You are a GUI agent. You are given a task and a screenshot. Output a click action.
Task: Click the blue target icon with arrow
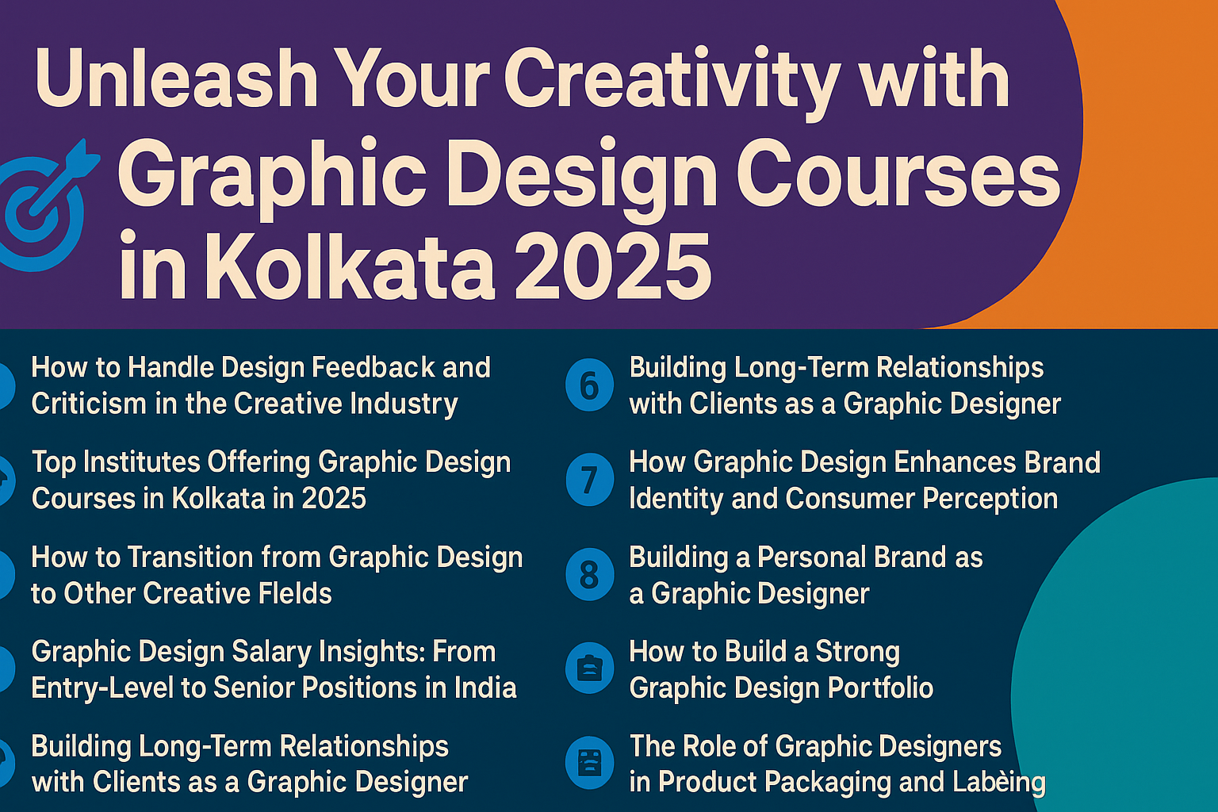point(44,207)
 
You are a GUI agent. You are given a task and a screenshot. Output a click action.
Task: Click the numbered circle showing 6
point(589,385)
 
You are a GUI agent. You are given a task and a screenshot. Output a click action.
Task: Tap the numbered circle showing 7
point(589,480)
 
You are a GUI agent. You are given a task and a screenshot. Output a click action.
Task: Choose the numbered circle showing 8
point(589,575)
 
